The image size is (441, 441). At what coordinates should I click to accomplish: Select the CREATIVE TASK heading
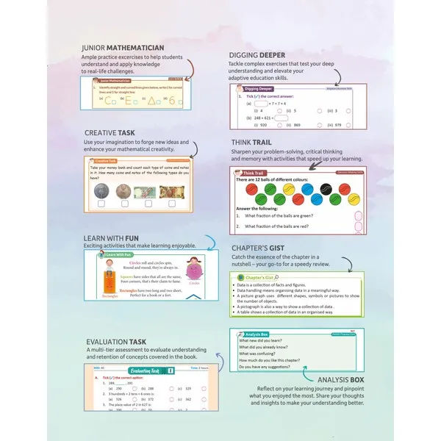coord(121,132)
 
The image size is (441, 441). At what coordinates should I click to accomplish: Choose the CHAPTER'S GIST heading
coord(266,248)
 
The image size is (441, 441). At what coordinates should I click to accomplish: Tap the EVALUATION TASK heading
coord(126,342)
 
